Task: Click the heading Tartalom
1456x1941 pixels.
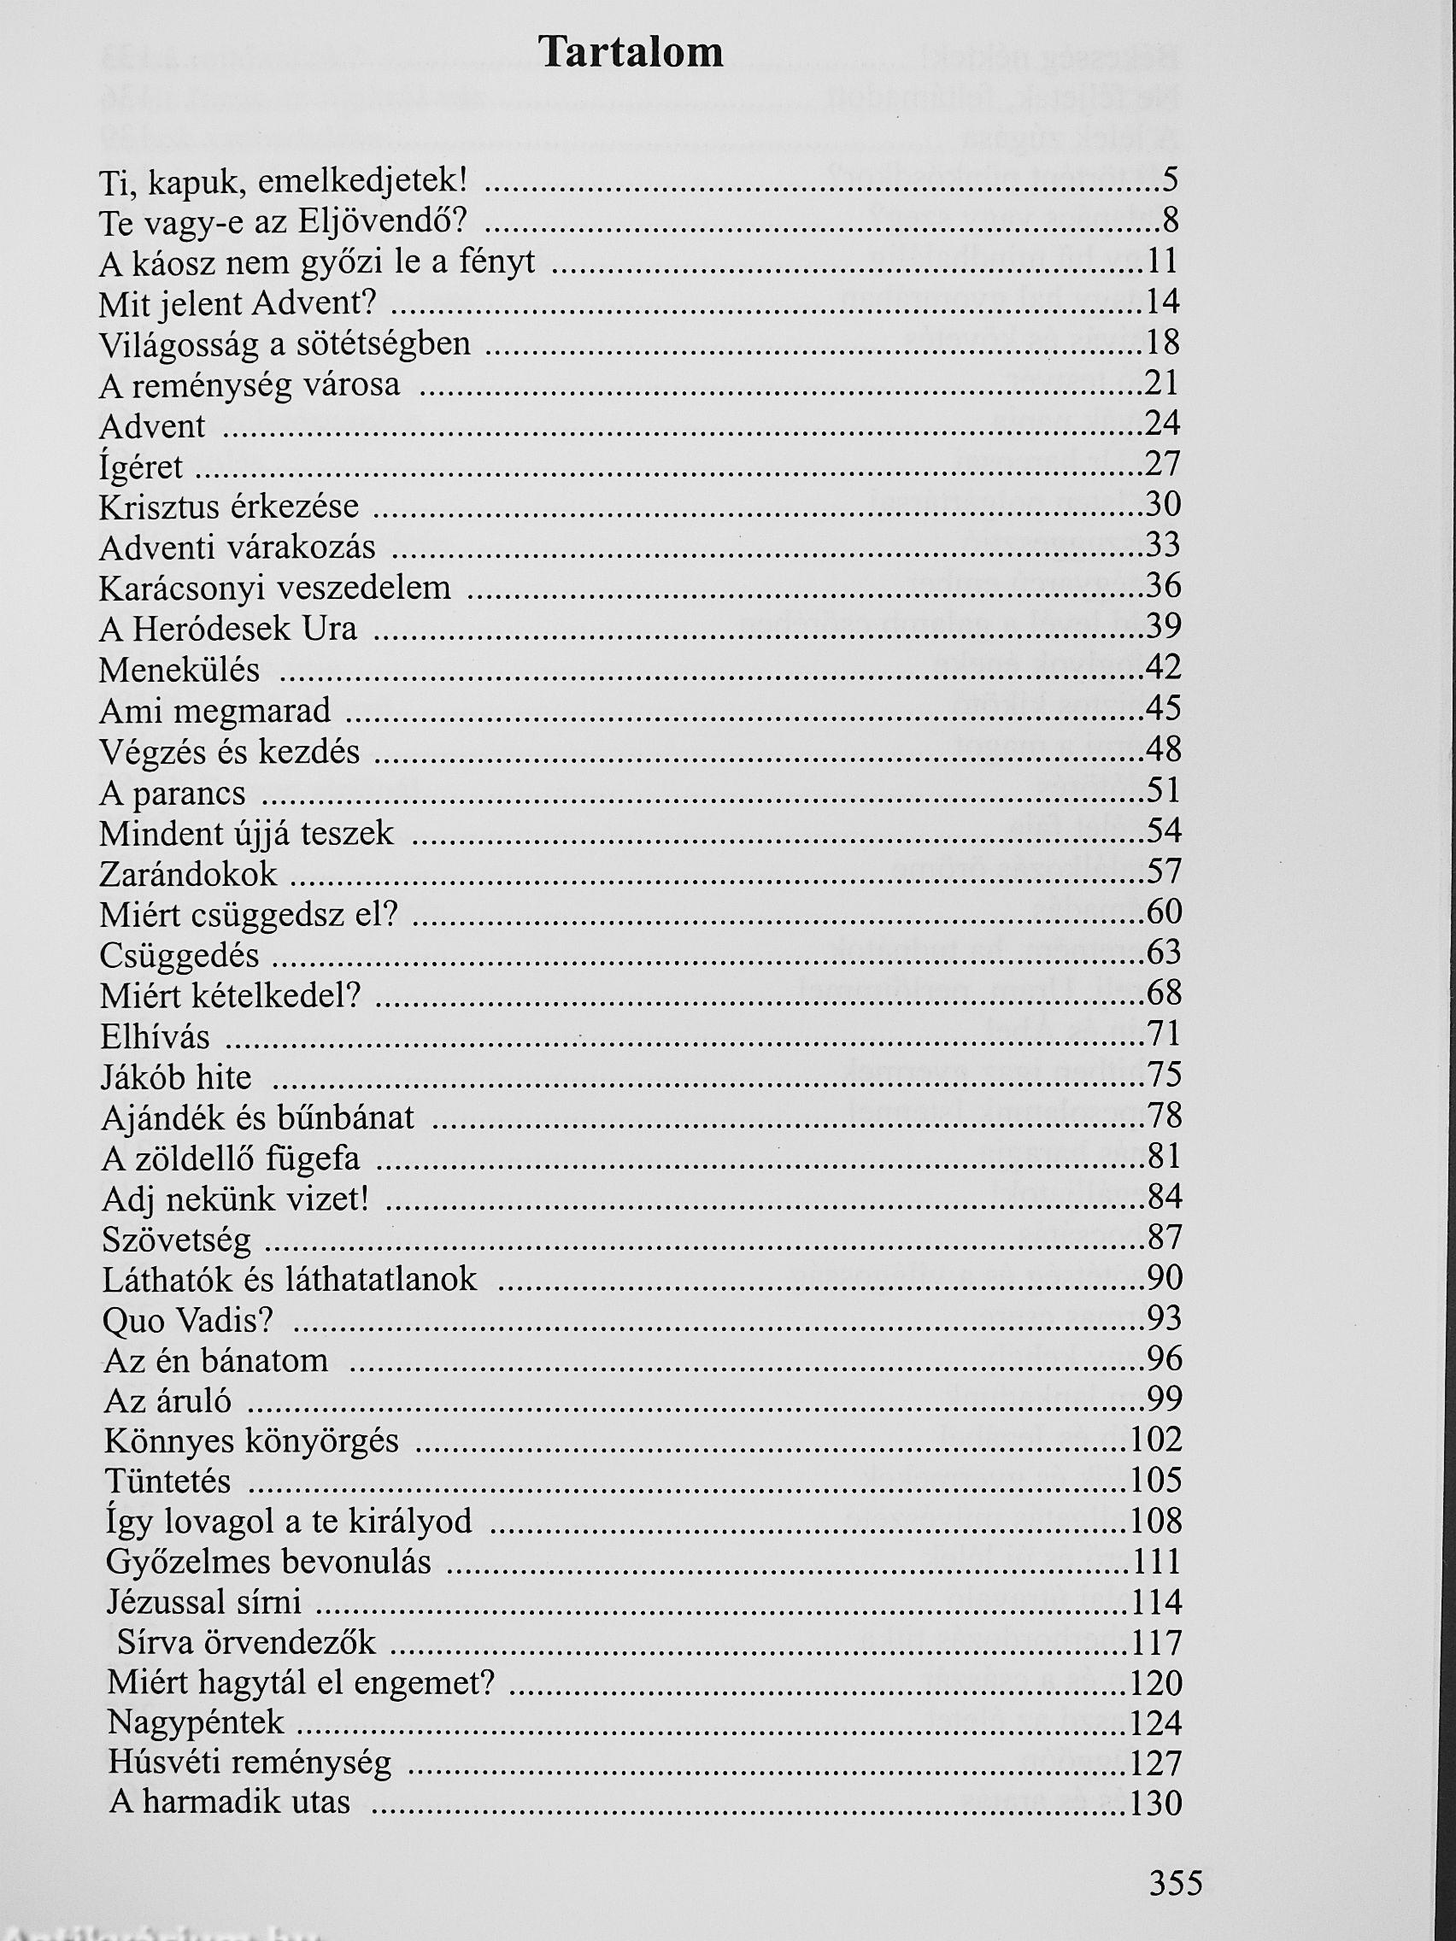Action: [631, 53]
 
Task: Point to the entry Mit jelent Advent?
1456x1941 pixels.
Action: [237, 303]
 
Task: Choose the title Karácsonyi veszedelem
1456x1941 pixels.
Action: [274, 587]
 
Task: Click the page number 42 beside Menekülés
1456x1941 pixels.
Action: [1164, 668]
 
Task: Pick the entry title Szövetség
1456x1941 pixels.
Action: [176, 1239]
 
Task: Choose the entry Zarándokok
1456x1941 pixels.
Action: [188, 874]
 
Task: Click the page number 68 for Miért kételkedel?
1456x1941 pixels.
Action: [1164, 994]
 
